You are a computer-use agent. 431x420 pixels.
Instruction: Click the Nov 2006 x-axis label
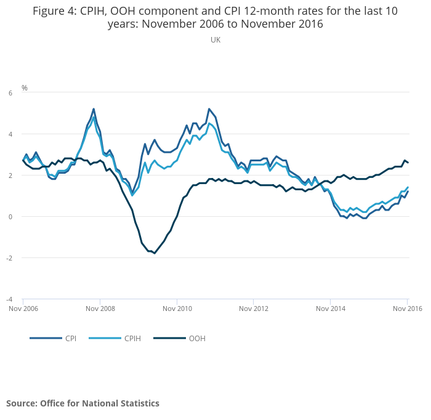pyautogui.click(x=23, y=309)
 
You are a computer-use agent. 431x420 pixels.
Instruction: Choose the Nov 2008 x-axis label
pyautogui.click(x=100, y=309)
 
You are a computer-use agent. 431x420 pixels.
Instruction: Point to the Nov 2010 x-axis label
pyautogui.click(x=177, y=309)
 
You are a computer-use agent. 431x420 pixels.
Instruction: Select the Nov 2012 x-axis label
pyautogui.click(x=254, y=309)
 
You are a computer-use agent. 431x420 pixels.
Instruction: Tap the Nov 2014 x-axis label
pyautogui.click(x=331, y=309)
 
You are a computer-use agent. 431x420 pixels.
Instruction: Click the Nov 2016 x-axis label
pyautogui.click(x=408, y=309)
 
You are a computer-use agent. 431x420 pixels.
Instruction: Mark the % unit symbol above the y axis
pyautogui.click(x=25, y=87)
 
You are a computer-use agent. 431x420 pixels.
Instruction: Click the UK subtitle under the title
pyautogui.click(x=216, y=40)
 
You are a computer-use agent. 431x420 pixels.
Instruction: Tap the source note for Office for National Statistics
pyautogui.click(x=83, y=403)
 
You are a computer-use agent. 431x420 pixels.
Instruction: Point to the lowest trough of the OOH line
pyautogui.click(x=155, y=253)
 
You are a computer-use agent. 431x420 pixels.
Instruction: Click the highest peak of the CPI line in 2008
pyautogui.click(x=94, y=109)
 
